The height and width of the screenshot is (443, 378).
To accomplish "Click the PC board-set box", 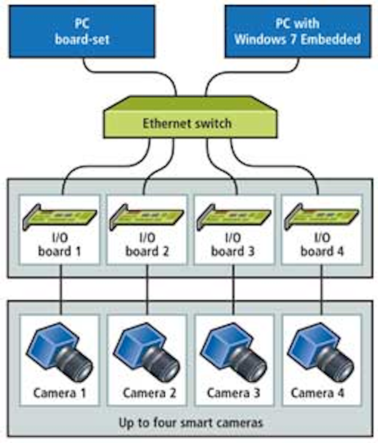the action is (82, 32).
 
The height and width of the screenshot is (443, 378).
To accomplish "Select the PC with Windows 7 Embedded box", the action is (298, 32).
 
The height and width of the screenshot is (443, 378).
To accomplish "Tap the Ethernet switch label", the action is (187, 123).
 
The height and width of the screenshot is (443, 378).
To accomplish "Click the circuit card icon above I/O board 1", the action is (60, 217).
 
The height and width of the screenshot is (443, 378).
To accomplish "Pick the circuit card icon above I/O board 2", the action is (147, 217).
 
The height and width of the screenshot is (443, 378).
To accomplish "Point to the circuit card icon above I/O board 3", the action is (234, 217).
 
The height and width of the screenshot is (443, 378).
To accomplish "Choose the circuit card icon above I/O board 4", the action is (321, 217).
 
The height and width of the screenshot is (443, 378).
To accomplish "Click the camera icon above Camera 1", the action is (60, 352).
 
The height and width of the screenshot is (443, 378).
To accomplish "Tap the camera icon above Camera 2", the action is (147, 352).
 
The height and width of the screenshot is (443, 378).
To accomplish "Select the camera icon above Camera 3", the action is (233, 352).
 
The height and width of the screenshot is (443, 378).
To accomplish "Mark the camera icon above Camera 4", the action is (321, 352).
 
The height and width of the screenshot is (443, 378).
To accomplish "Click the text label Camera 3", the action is (233, 393).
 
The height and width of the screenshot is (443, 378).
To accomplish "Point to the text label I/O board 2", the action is (147, 244).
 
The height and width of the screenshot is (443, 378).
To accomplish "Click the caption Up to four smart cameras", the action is (190, 423).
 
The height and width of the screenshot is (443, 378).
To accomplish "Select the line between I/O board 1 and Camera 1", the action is (60, 289).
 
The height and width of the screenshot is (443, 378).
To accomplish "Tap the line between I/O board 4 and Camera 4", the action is (321, 289).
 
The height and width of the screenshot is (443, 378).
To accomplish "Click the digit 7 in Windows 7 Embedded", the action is (293, 39).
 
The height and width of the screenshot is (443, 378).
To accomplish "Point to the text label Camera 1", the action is (60, 393).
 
